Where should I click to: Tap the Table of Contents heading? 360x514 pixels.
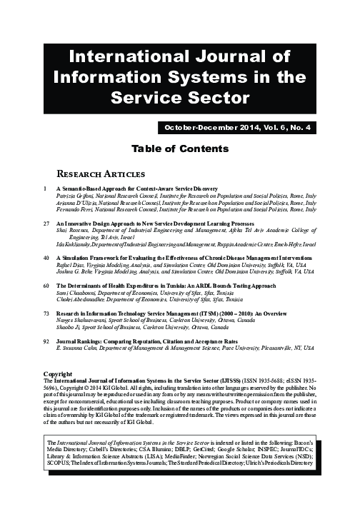[180, 149]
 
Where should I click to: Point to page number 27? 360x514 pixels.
[48, 223]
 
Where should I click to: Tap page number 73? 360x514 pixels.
[48, 313]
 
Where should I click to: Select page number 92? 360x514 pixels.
[48, 342]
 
